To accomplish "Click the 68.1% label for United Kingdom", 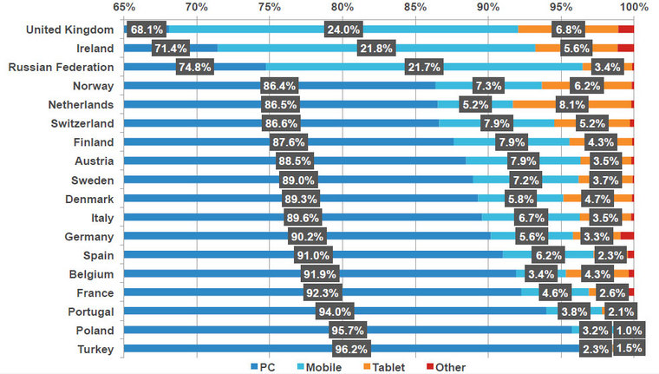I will pos(147,30).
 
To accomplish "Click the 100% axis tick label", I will pos(635,8).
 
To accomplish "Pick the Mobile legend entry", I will pos(319,367).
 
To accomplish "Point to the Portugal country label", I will pos(87,312).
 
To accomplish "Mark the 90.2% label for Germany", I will pos(308,236).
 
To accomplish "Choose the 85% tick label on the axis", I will pos(416,8).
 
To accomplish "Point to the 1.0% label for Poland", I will pos(628,331).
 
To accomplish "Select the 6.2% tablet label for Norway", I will pos(587,86).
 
